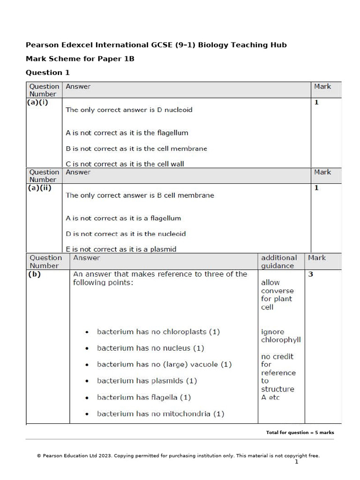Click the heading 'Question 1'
(44, 73)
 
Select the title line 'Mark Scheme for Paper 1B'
(80, 59)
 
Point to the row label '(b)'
(35, 274)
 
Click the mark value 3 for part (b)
(310, 274)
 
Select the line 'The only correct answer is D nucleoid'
(129, 110)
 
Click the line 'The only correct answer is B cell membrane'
(140, 195)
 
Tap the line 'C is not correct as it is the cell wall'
(125, 164)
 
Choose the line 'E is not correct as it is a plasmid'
(121, 249)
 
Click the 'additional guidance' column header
(279, 262)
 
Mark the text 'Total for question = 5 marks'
(300, 433)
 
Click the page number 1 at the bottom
(296, 462)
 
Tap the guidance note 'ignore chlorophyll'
(281, 336)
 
